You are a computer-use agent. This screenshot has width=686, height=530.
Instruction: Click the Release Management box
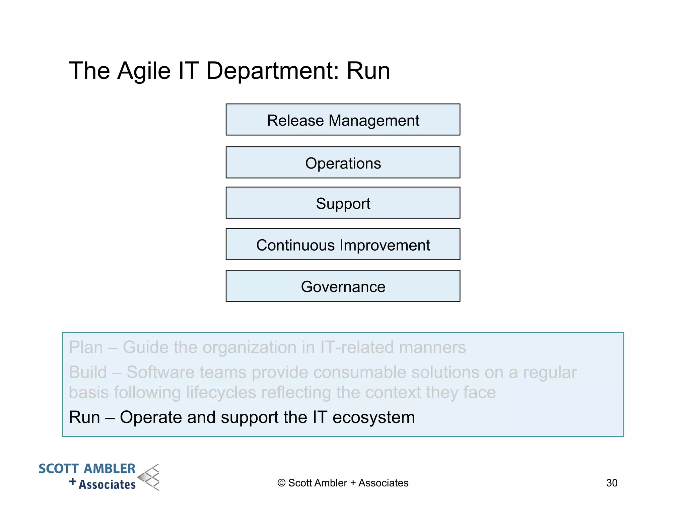point(343,120)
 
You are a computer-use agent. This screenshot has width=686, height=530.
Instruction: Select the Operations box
point(343,162)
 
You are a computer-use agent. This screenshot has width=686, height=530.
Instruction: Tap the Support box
point(343,203)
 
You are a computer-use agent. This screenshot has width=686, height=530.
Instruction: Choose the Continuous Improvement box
point(343,244)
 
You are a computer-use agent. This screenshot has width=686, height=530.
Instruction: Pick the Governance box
point(343,286)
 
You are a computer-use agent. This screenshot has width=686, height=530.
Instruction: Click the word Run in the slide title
point(368,71)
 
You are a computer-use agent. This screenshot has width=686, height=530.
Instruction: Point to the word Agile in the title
point(144,71)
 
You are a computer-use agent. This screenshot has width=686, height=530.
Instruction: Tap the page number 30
point(612,483)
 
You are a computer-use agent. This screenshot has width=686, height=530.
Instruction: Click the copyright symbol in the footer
point(281,483)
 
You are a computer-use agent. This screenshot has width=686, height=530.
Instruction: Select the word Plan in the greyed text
point(86,347)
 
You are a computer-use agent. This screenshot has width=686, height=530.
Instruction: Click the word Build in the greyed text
point(88,372)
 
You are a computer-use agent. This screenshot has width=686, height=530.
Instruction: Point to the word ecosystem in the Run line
point(373,417)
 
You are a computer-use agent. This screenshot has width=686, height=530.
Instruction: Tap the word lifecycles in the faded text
point(221,392)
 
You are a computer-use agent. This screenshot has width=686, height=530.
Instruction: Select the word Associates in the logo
point(107,484)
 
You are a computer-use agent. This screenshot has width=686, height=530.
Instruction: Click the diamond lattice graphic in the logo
point(149,477)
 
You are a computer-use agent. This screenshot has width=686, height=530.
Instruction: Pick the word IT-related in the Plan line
point(357,347)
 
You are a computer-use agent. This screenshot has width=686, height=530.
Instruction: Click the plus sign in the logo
point(73,482)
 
